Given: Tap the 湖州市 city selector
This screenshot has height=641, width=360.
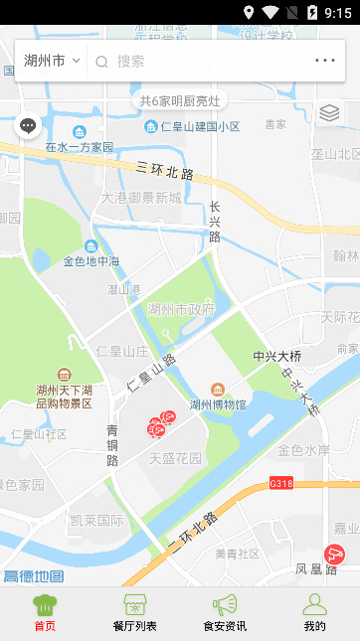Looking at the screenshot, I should click(x=52, y=61).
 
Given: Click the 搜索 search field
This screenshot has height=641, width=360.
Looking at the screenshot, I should click(x=199, y=61).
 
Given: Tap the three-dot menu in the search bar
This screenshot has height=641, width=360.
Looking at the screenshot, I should click(x=325, y=61).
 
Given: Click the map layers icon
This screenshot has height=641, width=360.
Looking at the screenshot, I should click(x=329, y=113).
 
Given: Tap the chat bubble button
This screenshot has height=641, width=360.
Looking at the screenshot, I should click(x=28, y=126).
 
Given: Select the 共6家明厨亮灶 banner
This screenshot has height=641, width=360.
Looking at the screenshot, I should click(x=180, y=100).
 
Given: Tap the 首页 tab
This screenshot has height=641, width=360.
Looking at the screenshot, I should click(x=45, y=613).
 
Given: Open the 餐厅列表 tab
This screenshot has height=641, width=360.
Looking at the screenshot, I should click(x=134, y=613).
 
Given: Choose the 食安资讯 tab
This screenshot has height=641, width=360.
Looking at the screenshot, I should click(x=225, y=613).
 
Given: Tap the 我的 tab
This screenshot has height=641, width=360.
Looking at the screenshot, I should click(x=314, y=613).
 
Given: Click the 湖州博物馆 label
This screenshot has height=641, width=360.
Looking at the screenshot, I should click(x=218, y=403).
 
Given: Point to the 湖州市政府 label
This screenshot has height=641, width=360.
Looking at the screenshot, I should click(x=181, y=309).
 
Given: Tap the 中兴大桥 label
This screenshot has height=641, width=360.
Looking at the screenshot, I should click(x=278, y=355).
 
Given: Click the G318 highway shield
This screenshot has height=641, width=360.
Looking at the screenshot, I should click(x=281, y=484).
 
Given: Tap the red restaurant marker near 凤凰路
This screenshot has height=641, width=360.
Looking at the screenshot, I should click(x=336, y=555).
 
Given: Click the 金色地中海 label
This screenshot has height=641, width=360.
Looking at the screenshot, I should click(x=91, y=261).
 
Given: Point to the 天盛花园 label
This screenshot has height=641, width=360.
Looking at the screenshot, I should click(x=175, y=458).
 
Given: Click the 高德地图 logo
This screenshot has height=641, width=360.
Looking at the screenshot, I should click(x=33, y=576).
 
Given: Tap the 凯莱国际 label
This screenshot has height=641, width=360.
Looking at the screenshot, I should click(x=96, y=520).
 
